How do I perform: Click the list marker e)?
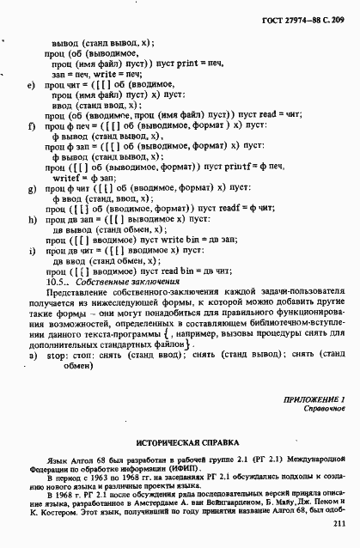31,87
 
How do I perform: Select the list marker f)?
31,126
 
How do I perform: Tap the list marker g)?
31,186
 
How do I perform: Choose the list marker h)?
31,220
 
